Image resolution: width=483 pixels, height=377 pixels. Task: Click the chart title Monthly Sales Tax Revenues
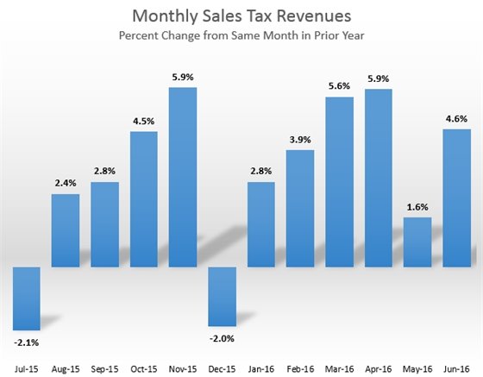(241, 17)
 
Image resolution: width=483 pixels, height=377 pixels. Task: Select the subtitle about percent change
(241, 38)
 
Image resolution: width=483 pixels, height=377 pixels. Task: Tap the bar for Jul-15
(27, 298)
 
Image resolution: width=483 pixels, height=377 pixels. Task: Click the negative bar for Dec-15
(222, 296)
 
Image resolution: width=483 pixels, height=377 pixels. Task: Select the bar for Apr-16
(378, 177)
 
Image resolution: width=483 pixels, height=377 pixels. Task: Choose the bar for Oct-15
(144, 198)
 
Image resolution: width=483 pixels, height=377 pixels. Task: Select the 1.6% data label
(417, 207)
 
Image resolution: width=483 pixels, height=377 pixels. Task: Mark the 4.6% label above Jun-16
(456, 119)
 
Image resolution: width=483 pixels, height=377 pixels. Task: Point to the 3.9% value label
(300, 140)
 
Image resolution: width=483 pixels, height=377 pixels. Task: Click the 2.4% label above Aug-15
(66, 184)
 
